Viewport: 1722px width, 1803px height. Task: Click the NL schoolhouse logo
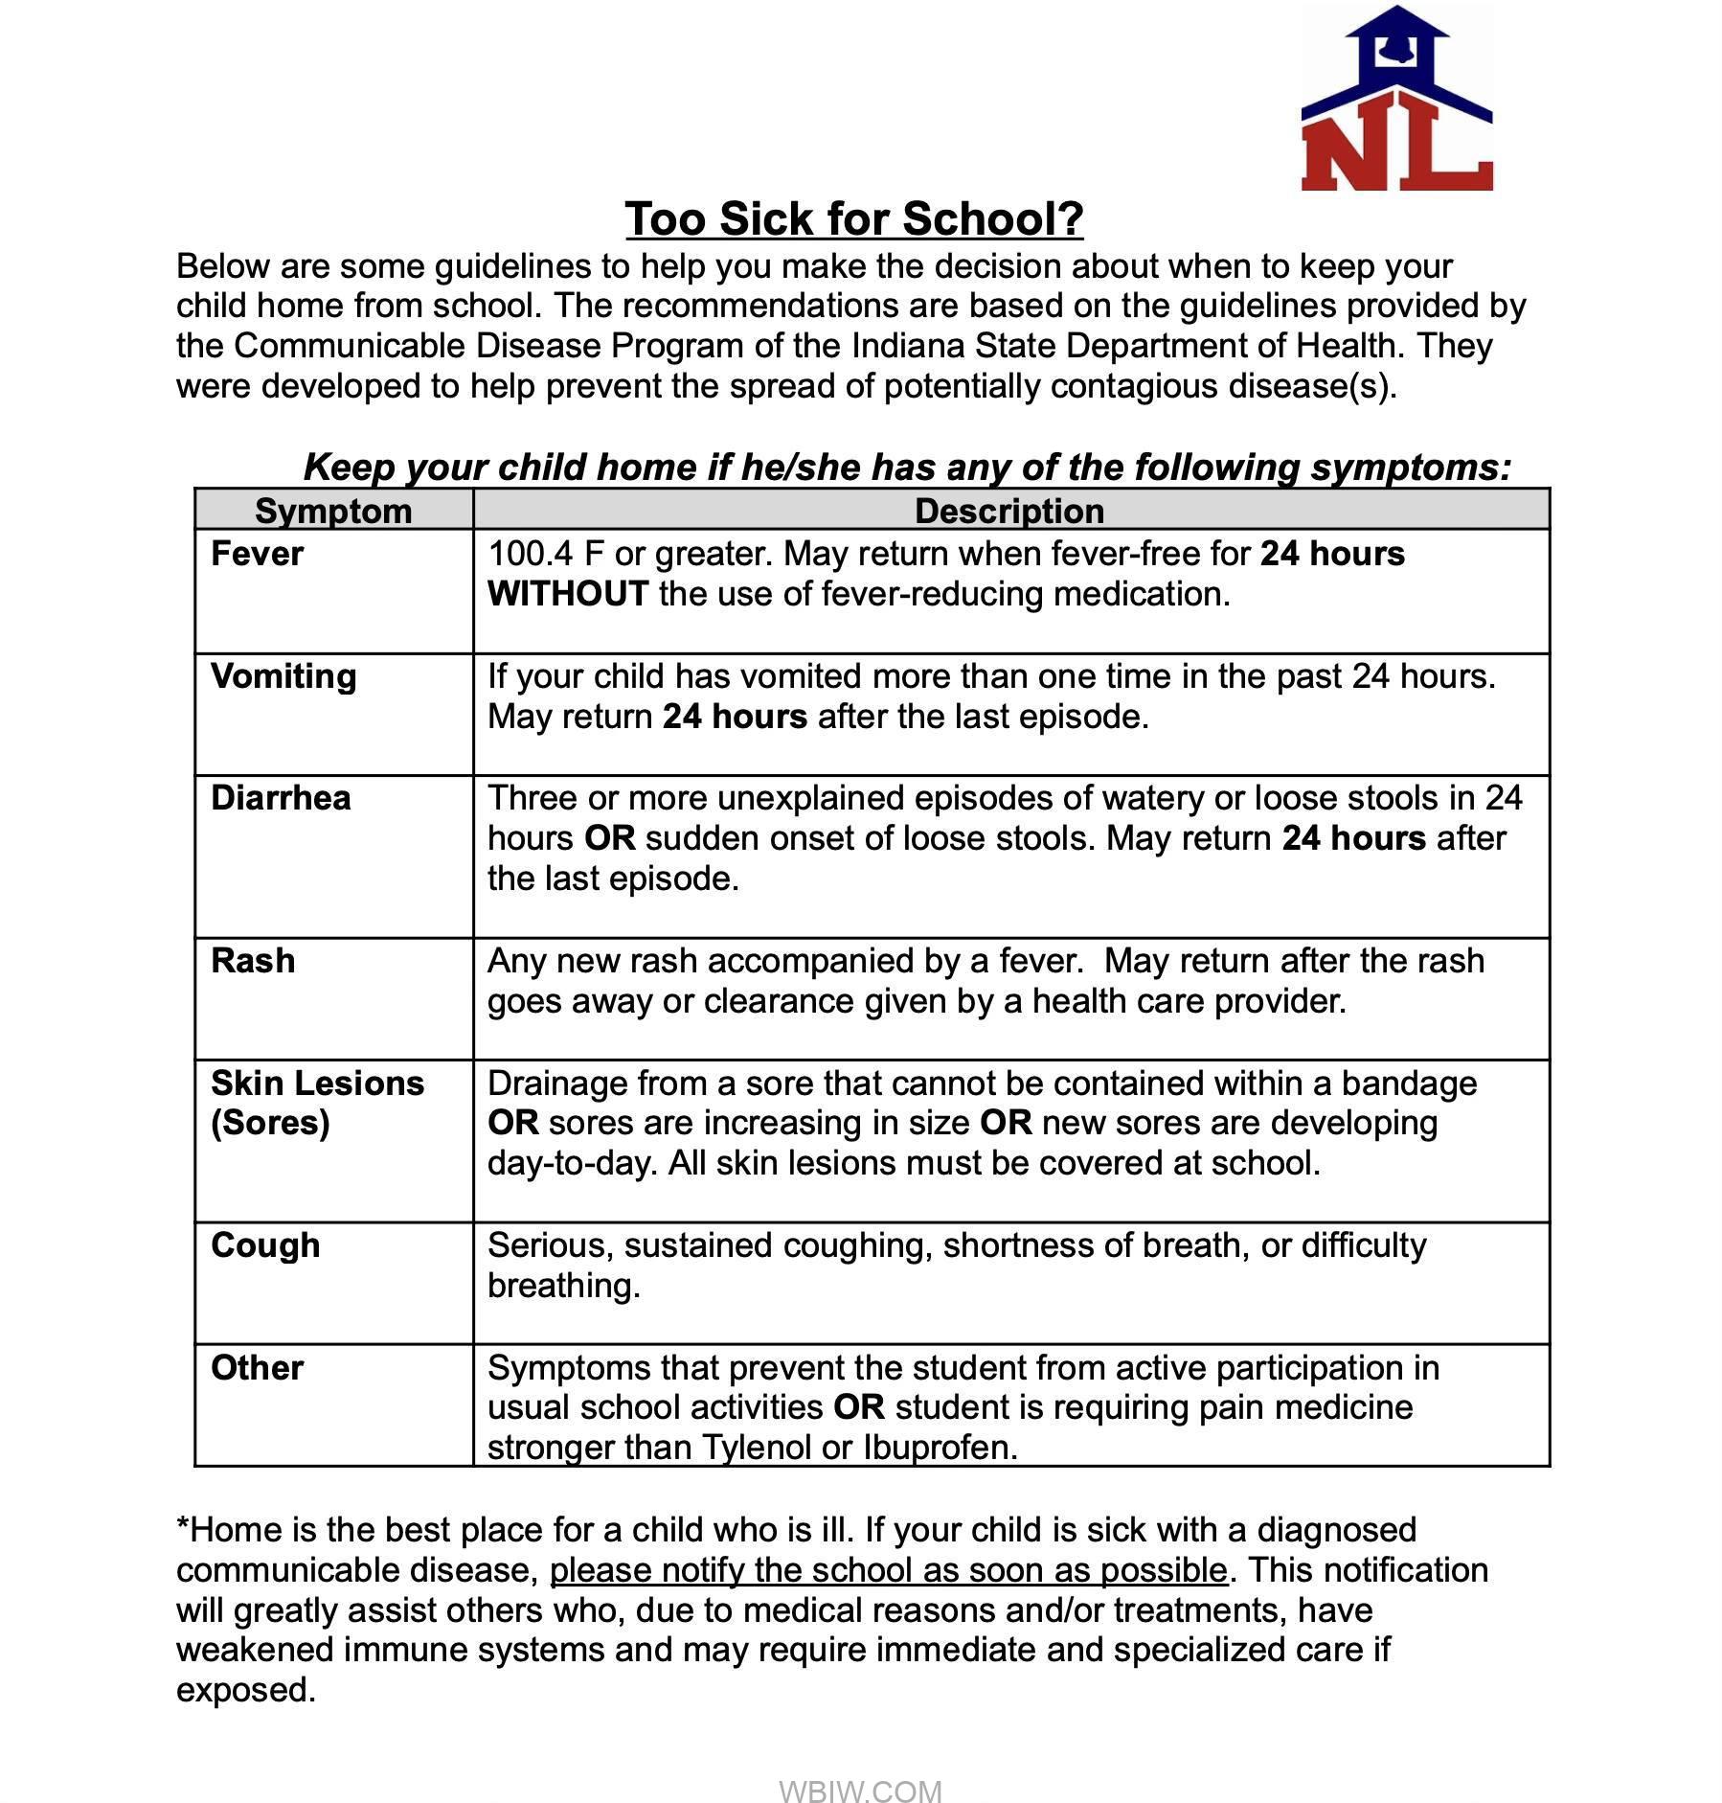click(1395, 99)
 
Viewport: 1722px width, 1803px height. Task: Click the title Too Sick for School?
click(853, 219)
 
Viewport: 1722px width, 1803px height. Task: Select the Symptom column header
click(333, 511)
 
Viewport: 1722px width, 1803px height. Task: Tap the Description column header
click(1009, 511)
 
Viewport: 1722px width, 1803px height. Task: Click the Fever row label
click(257, 554)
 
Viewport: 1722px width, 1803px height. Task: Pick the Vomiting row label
click(283, 676)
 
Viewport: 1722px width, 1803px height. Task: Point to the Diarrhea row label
click(281, 798)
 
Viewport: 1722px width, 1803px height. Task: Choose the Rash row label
click(253, 961)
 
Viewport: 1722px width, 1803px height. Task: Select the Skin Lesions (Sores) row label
click(317, 1103)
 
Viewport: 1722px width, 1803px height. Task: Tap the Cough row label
click(265, 1245)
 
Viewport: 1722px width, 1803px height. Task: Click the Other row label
click(257, 1368)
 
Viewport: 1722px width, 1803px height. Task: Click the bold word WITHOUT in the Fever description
click(568, 594)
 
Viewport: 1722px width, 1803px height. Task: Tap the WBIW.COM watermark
click(860, 1765)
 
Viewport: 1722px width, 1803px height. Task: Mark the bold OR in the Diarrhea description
click(609, 838)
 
